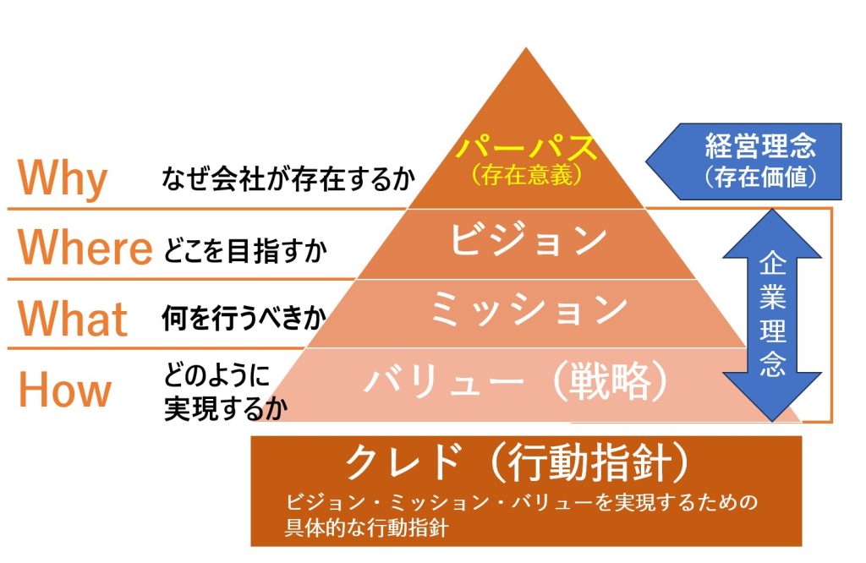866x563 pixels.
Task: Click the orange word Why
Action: pos(63,178)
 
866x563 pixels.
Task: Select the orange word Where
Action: pos(85,247)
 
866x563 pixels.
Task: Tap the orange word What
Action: pos(73,319)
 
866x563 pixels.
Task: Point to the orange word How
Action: pos(65,389)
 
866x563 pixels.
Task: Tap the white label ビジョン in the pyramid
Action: pos(528,241)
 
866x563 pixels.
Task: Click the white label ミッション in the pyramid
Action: pos(528,309)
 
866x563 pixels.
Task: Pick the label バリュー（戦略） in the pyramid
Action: pos(518,381)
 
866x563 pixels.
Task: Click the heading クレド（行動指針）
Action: pos(518,462)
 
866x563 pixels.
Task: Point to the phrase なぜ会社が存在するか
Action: pos(288,179)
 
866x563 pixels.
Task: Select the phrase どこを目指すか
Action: pos(245,250)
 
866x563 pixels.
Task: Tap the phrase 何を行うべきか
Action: pos(244,319)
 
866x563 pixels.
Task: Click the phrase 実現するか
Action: pos(226,409)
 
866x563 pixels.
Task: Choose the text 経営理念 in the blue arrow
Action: pos(760,145)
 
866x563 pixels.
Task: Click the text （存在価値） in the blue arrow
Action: pos(760,177)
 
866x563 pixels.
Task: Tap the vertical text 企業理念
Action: pos(772,314)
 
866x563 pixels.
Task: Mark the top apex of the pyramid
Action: pos(526,47)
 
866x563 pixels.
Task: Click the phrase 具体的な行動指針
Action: pos(367,528)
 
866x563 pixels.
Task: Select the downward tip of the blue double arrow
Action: pos(772,421)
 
